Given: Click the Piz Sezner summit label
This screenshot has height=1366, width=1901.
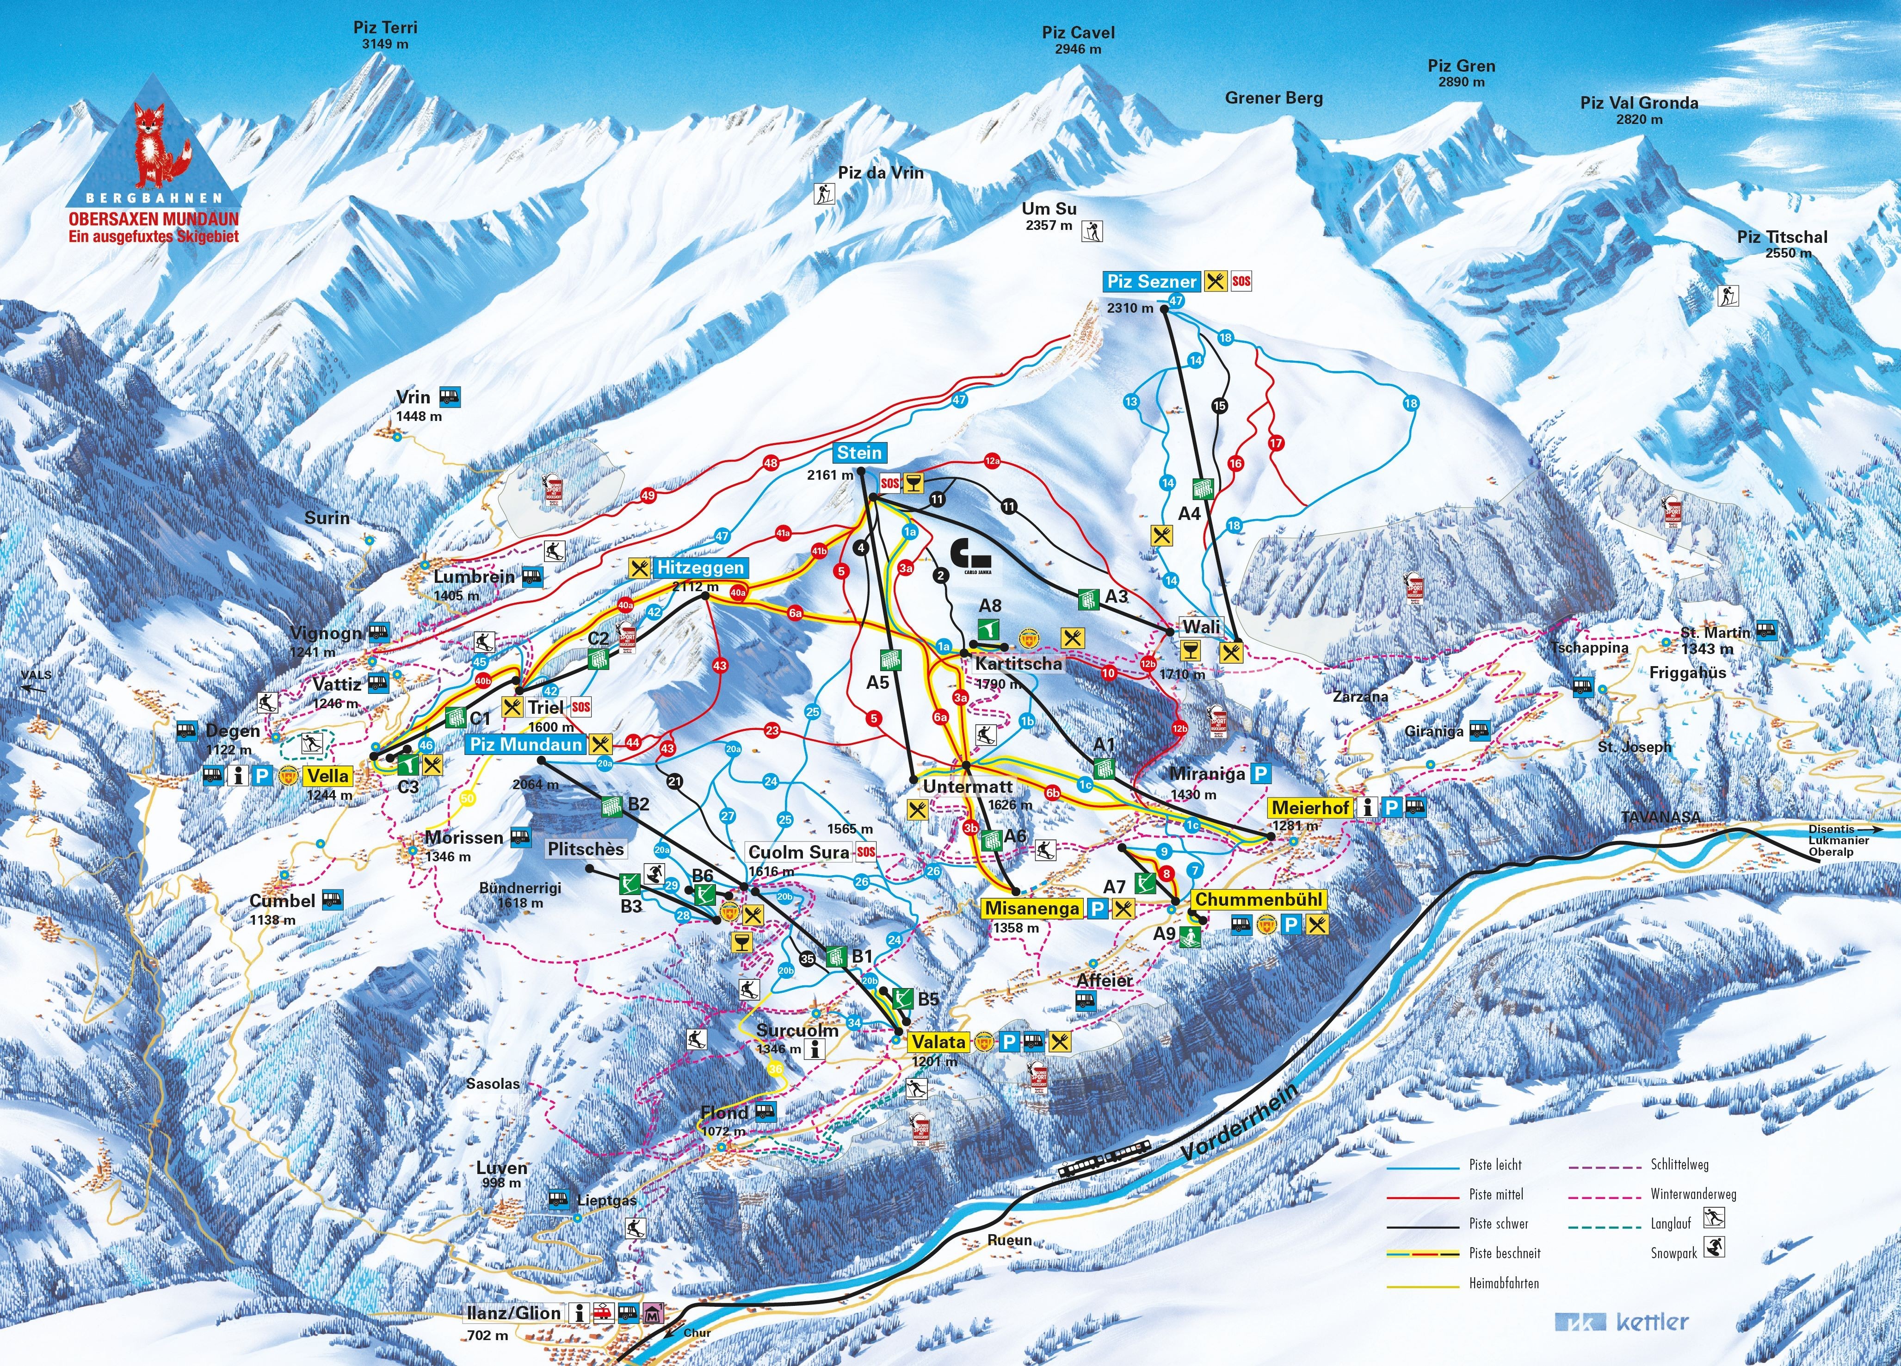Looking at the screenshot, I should tap(1153, 282).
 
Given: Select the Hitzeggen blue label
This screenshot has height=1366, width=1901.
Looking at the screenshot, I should tap(700, 567).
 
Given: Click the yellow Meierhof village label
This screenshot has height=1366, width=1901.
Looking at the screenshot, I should tap(1311, 808).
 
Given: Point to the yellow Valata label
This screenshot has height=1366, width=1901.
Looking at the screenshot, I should tap(939, 1042).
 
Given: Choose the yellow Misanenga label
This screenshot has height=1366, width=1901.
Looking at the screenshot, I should tap(1032, 909).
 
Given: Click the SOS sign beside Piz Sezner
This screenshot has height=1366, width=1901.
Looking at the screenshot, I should tap(1241, 282).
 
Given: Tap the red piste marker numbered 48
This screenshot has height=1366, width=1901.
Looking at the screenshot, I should tap(770, 463).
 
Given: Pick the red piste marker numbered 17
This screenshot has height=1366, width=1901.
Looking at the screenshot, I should tap(1276, 443).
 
